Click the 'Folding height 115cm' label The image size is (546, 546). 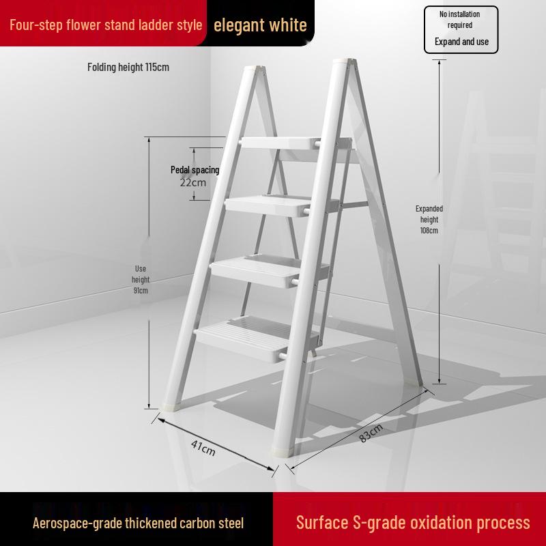click(x=128, y=67)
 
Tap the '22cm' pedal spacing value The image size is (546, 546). click(x=192, y=182)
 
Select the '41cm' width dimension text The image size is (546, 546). click(x=203, y=448)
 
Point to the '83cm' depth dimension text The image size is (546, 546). click(x=371, y=433)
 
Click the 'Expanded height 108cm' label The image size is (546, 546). click(x=429, y=220)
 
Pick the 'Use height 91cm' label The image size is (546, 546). click(x=141, y=280)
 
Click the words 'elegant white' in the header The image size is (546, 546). click(x=260, y=26)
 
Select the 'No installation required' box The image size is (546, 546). click(x=461, y=29)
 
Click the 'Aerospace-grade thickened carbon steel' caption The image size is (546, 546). click(x=138, y=523)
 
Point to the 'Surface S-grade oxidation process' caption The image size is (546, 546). click(x=413, y=523)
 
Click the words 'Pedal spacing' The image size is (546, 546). click(x=195, y=170)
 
